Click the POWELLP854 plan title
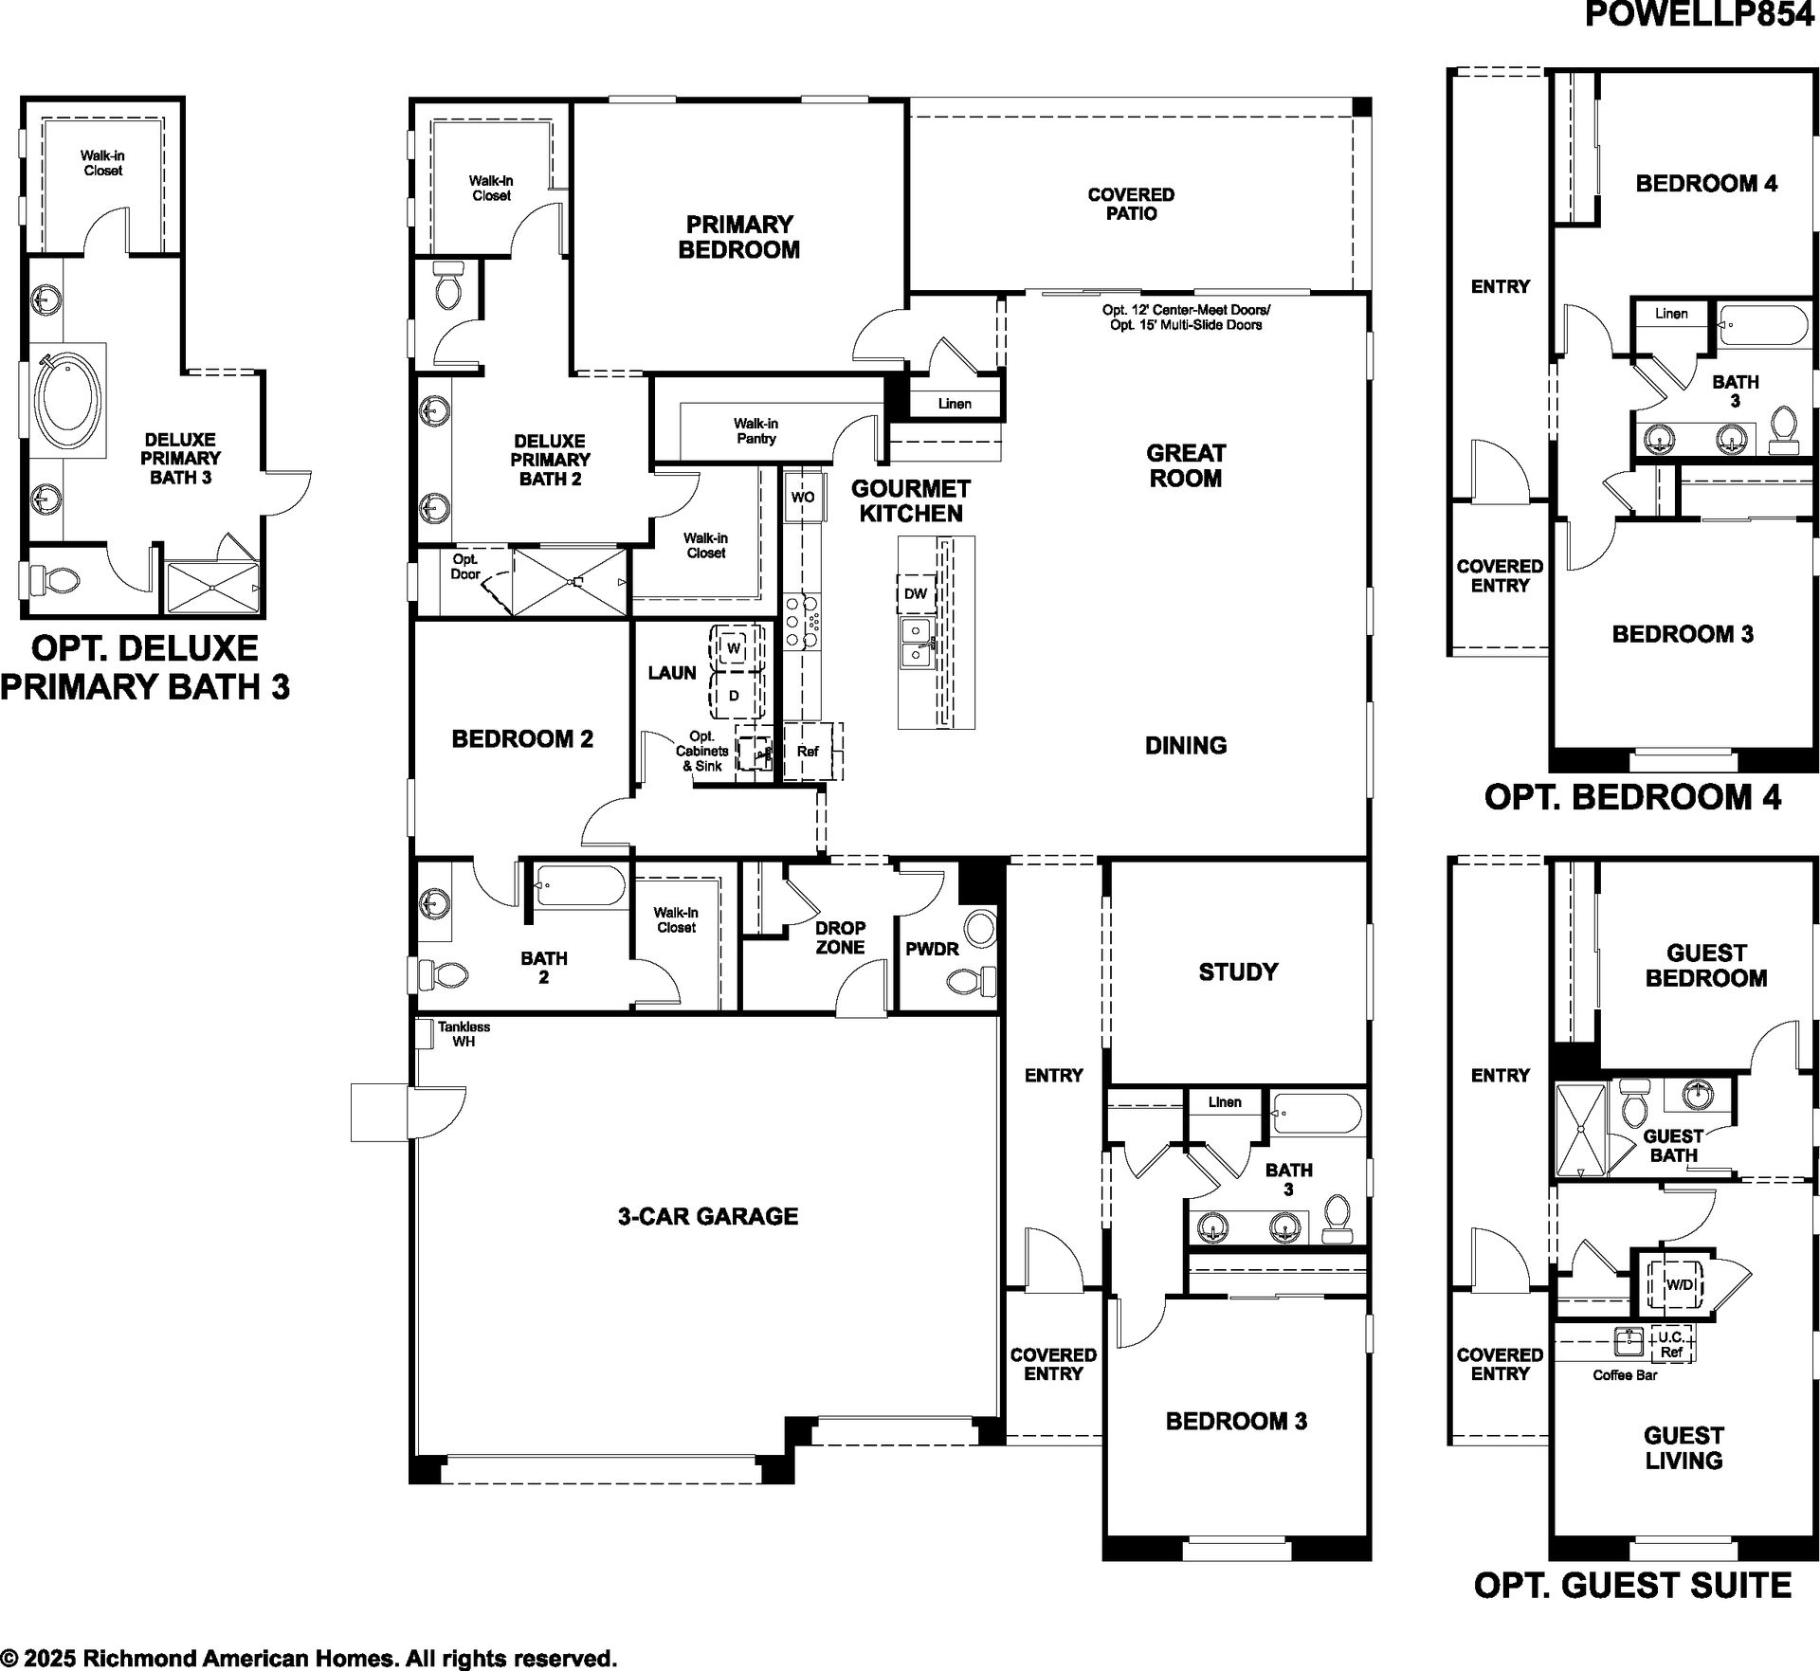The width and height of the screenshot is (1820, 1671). (1700, 15)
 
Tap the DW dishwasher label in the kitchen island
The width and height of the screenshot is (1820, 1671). (916, 594)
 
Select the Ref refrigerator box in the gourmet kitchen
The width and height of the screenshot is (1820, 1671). (808, 752)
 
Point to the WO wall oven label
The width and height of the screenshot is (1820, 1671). (802, 497)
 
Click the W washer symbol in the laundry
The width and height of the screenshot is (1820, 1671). (734, 649)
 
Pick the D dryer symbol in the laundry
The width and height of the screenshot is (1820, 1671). (734, 695)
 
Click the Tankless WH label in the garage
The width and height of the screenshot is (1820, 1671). (464, 1034)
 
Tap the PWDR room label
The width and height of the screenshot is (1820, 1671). (932, 949)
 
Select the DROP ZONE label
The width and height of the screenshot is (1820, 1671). (840, 937)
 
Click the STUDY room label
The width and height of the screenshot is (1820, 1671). (1238, 972)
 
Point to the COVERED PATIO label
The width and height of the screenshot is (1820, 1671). (1131, 204)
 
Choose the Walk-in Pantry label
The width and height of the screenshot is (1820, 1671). (755, 431)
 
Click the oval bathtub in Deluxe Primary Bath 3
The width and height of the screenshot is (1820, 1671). (65, 403)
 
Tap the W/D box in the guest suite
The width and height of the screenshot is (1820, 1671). (1680, 1285)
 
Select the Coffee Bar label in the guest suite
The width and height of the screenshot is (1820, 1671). (1625, 1375)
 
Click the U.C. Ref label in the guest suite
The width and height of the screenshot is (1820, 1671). (1670, 1345)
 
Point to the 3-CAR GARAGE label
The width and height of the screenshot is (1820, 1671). (708, 1216)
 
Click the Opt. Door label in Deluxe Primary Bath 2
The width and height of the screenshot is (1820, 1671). (465, 567)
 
